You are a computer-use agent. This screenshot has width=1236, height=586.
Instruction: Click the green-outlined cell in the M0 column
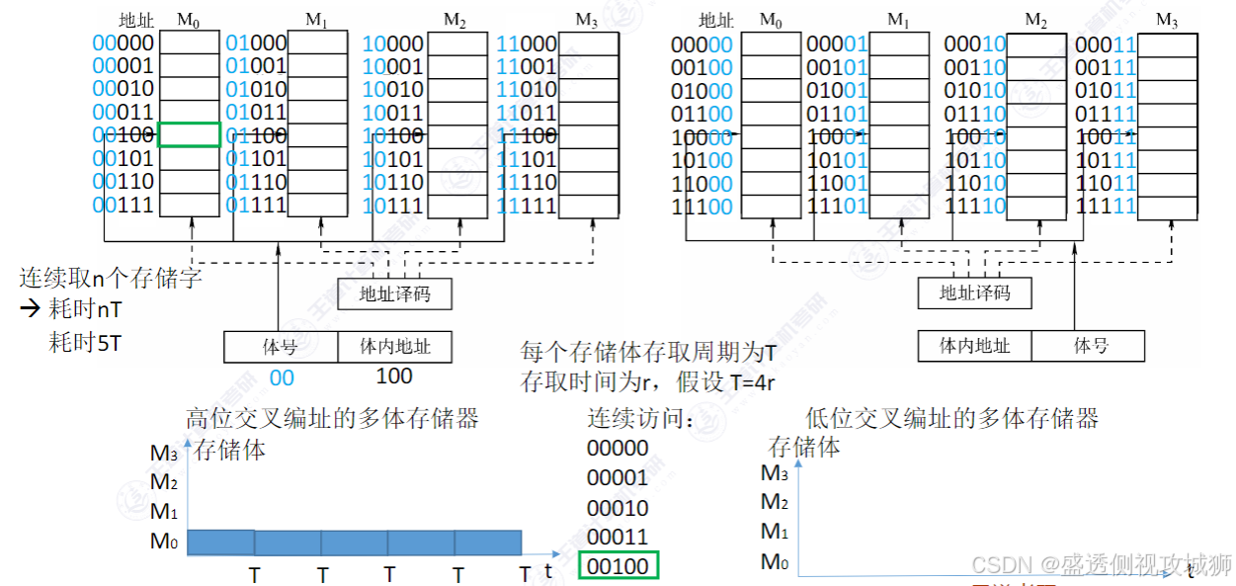189,134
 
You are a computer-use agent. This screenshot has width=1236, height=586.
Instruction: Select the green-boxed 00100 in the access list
618,566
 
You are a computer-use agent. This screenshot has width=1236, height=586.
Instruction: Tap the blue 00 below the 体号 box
282,377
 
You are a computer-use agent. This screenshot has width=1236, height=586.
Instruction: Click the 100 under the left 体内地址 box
394,377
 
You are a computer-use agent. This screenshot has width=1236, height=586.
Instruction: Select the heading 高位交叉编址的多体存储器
332,419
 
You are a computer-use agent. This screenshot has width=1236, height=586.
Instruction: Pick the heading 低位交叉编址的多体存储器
951,419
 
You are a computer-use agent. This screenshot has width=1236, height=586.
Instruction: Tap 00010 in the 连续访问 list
618,508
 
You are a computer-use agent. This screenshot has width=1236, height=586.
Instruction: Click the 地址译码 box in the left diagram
394,293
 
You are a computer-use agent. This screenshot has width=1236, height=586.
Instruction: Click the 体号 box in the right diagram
1090,346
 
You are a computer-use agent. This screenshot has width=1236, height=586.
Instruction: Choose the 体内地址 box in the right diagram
975,346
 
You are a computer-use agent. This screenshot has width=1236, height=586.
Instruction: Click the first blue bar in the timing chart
220,542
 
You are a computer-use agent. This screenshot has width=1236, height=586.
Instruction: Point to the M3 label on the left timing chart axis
164,454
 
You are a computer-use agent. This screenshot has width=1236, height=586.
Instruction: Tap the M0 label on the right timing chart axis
775,562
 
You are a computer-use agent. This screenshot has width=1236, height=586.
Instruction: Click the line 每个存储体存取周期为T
649,353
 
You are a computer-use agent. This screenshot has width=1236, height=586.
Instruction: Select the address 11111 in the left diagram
527,205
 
